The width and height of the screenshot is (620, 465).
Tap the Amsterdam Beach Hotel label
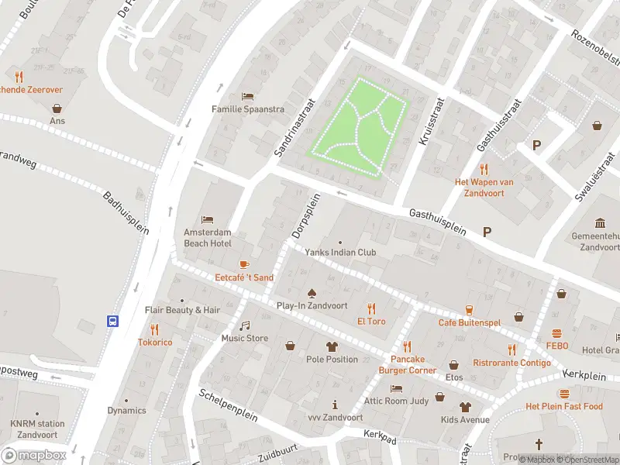tap(207, 238)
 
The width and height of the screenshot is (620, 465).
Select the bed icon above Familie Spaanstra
tap(247, 96)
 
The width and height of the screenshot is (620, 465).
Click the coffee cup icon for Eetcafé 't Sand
tap(244, 264)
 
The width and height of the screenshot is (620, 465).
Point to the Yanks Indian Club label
tap(339, 252)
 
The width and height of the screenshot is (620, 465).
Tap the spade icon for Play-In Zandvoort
tap(312, 293)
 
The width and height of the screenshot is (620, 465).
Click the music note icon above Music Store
tap(245, 325)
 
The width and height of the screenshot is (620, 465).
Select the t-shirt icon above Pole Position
tap(332, 346)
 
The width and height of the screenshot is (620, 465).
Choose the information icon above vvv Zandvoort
tap(335, 405)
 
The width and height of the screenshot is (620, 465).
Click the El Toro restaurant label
tap(371, 321)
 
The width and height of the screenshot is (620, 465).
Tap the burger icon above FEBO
tap(556, 332)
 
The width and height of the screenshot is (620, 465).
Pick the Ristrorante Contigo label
tap(511, 363)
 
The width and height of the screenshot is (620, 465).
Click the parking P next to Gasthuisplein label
tap(487, 231)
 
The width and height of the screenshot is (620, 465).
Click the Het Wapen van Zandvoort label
tap(484, 187)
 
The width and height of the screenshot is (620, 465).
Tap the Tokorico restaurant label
tap(155, 342)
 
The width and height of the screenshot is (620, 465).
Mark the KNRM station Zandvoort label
tap(37, 429)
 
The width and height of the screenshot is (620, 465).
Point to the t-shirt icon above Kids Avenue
tap(465, 407)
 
